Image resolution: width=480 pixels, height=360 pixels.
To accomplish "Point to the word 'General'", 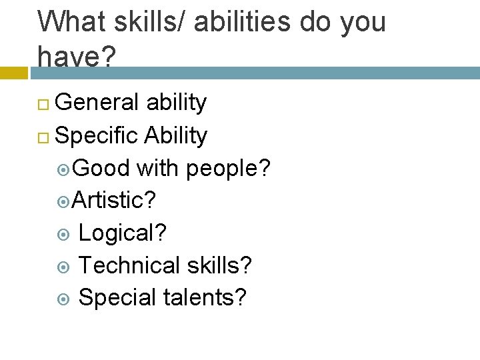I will (97, 103).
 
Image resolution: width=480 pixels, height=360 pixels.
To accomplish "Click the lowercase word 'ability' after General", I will (176, 103).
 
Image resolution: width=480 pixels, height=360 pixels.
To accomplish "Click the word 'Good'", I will (101, 169).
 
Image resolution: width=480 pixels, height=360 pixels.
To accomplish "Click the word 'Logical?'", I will (123, 233).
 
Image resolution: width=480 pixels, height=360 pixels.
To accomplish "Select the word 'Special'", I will (117, 298).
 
